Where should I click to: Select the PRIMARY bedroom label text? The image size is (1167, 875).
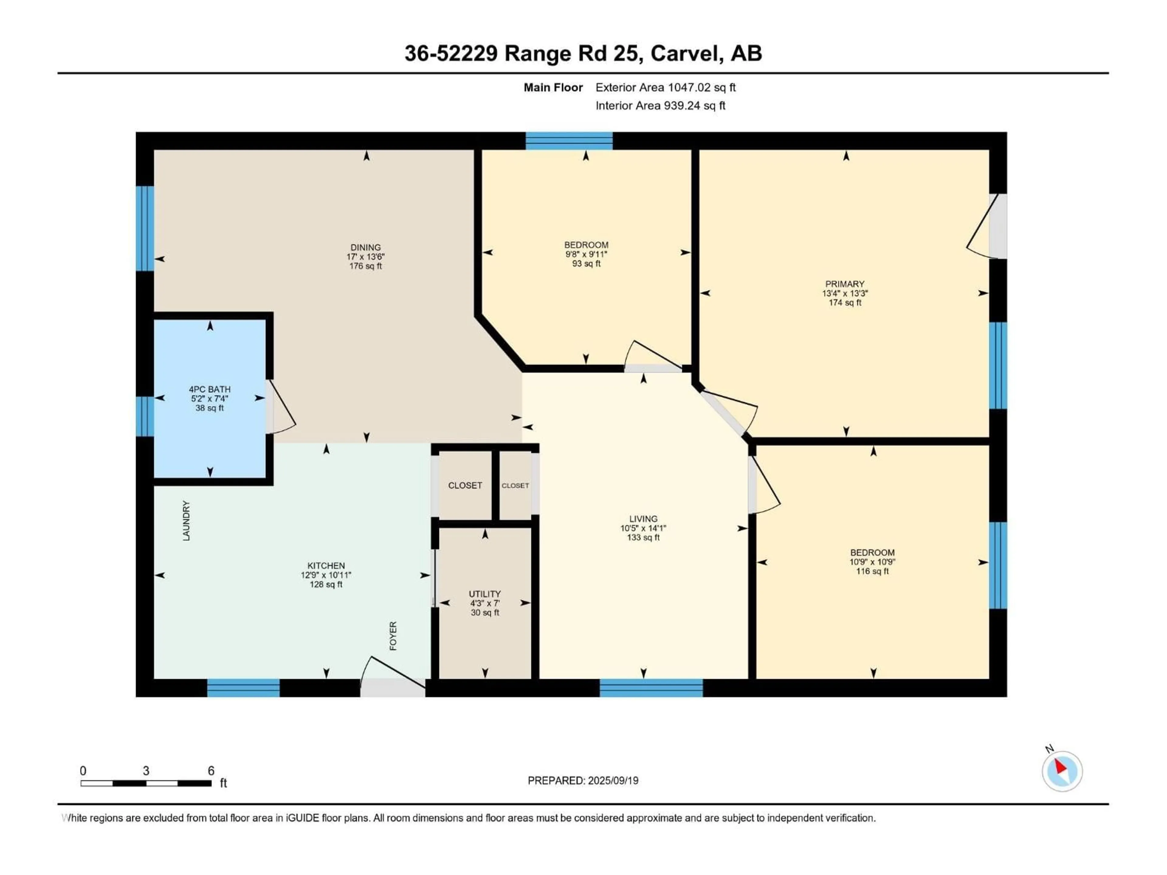pyautogui.click(x=845, y=284)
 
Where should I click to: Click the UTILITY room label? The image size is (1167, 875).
pyautogui.click(x=484, y=594)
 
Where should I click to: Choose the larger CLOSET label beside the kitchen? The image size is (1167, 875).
pyautogui.click(x=465, y=485)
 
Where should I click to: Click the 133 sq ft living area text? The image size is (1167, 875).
pyautogui.click(x=643, y=537)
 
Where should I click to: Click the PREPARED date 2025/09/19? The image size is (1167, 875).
pyautogui.click(x=583, y=781)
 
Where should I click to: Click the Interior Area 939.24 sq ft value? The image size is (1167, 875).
pyautogui.click(x=660, y=105)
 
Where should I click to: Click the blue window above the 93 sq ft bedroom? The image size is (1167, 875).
pyautogui.click(x=569, y=141)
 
